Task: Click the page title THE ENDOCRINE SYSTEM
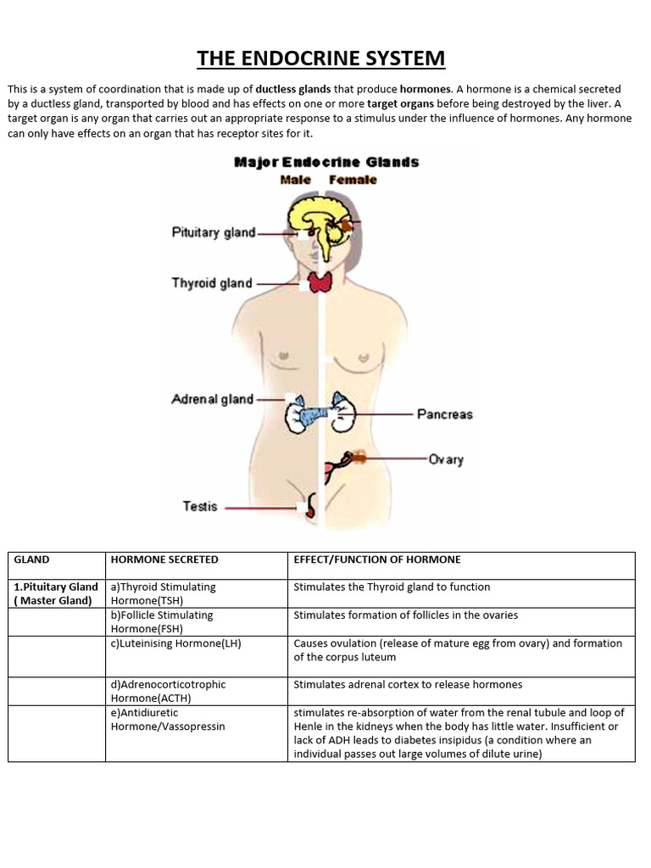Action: [320, 58]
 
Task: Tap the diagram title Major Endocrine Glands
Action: [325, 162]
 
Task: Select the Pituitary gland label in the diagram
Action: [214, 232]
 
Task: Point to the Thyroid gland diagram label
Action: [212, 283]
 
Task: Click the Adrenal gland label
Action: [212, 398]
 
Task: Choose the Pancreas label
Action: [444, 415]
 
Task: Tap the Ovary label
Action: [446, 459]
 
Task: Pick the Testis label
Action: [200, 507]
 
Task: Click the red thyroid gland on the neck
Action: [320, 282]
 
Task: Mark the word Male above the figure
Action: [295, 180]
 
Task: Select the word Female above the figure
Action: [353, 180]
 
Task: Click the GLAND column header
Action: [32, 559]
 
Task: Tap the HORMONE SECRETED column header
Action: [164, 559]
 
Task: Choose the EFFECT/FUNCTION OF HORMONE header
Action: [377, 559]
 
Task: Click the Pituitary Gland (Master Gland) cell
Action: [56, 593]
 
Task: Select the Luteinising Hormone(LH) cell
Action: [176, 643]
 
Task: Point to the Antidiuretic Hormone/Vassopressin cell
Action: [168, 720]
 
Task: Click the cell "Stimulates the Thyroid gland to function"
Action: [392, 587]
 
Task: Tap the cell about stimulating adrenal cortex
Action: [408, 684]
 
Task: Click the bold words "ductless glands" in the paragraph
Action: [293, 89]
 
